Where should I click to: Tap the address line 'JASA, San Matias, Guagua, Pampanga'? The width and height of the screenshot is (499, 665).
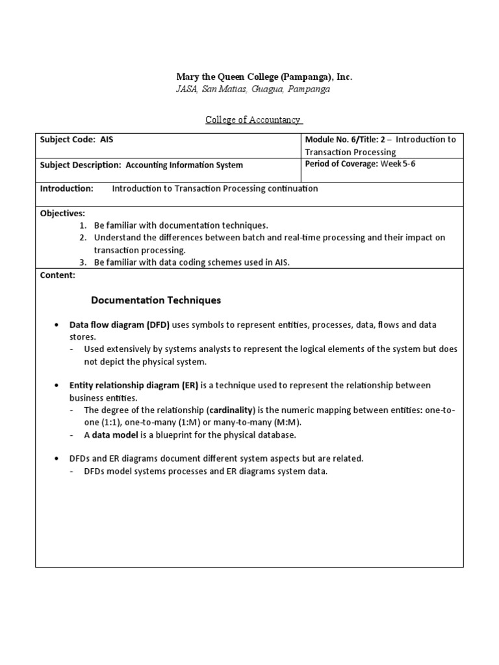click(253, 89)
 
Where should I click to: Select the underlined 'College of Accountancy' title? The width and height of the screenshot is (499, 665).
click(253, 119)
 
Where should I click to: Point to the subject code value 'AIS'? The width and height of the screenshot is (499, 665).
click(107, 140)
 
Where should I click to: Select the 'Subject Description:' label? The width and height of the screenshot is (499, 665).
click(81, 165)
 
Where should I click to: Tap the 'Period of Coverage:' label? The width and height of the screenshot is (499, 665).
click(341, 164)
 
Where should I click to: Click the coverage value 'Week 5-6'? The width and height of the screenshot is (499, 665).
click(398, 164)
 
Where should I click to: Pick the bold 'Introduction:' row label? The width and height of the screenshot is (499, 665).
click(67, 188)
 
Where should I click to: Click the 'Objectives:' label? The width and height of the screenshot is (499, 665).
click(62, 213)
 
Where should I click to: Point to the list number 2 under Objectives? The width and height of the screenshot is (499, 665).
click(83, 238)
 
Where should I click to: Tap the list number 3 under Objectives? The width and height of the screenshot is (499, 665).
click(83, 262)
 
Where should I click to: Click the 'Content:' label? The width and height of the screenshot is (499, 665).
click(58, 275)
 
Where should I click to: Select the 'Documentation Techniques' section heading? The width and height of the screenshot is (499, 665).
click(156, 300)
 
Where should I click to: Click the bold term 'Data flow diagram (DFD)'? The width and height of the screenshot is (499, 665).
click(120, 325)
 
